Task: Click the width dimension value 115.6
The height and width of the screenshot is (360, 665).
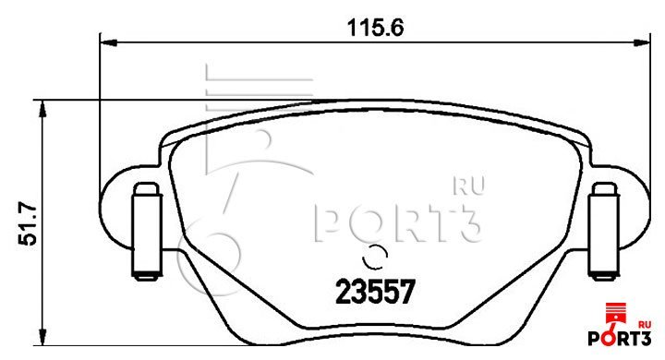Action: click(375, 28)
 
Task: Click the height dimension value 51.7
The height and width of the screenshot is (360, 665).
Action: click(28, 224)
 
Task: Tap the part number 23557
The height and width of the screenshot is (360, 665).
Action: click(374, 293)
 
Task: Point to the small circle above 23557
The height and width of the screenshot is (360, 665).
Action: click(375, 257)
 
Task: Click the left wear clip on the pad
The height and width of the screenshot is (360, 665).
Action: click(147, 232)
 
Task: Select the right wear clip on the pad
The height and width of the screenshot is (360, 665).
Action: click(604, 232)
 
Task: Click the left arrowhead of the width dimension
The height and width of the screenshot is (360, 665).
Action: click(108, 42)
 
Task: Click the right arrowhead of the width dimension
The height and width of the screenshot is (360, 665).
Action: click(642, 42)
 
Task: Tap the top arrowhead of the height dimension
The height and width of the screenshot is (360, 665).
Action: click(42, 109)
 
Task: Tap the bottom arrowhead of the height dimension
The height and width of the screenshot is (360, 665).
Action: click(42, 337)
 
